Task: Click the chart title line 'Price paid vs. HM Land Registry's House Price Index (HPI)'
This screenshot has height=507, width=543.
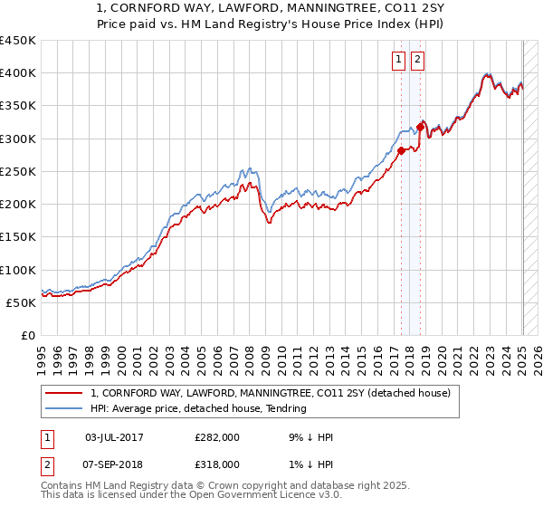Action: tap(271, 25)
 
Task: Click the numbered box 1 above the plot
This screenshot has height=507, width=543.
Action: tap(399, 61)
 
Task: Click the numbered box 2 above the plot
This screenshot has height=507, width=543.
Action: tap(417, 61)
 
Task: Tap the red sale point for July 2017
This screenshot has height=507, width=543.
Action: tap(402, 151)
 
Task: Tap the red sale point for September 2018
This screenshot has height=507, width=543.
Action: tap(420, 128)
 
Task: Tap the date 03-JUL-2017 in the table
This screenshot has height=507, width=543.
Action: tap(114, 437)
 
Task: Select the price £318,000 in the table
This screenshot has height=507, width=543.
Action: tap(217, 464)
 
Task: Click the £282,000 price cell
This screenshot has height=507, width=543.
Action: tap(217, 437)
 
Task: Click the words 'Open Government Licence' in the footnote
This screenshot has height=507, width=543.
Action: tap(271, 495)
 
